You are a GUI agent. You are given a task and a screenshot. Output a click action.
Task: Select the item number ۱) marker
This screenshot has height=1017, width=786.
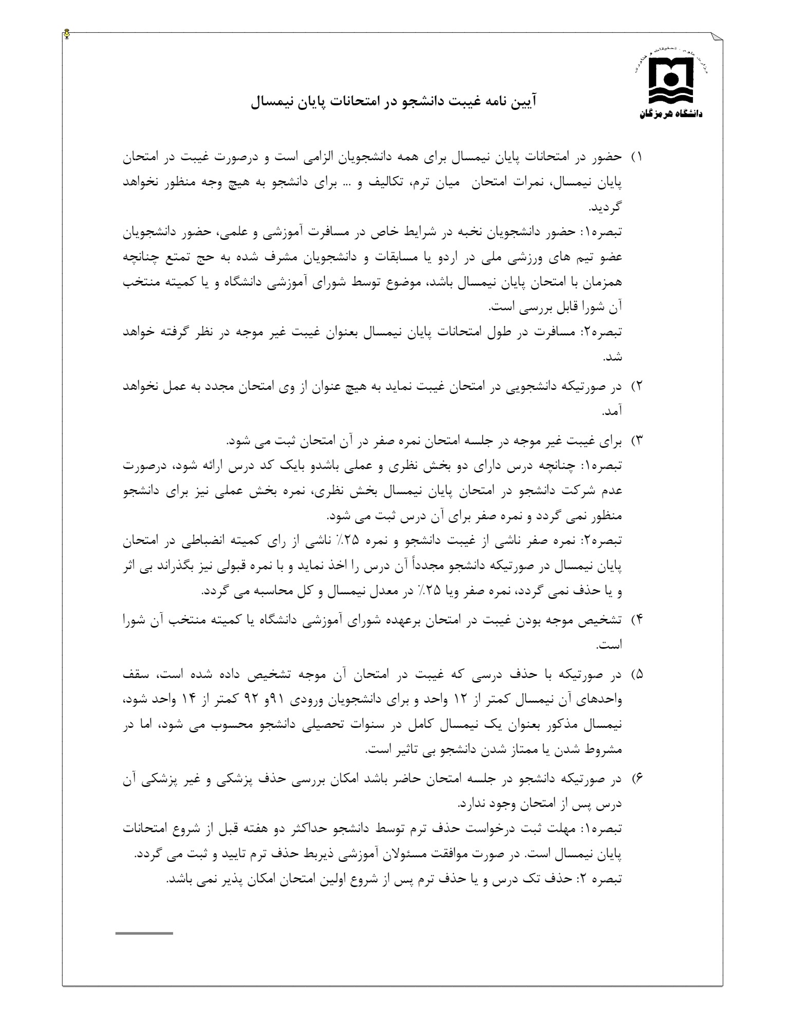point(637,157)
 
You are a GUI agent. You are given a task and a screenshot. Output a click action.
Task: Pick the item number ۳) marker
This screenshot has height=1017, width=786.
point(637,441)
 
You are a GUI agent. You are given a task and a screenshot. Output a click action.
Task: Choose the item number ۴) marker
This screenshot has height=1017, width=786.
point(637,620)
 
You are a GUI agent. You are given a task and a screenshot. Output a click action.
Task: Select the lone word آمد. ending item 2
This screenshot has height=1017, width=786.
point(612,411)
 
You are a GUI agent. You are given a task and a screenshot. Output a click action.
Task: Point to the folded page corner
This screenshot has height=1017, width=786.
point(717,39)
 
